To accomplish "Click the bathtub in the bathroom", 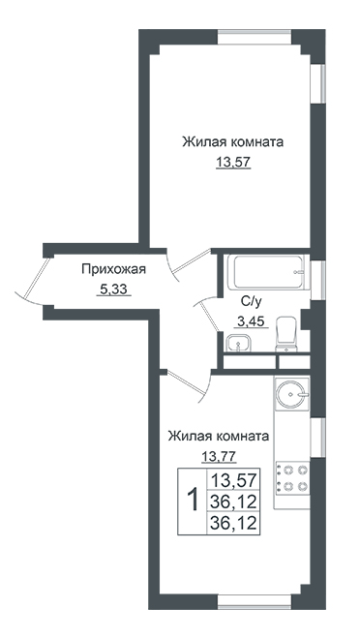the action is [267, 272].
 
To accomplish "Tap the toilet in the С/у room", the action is [287, 334].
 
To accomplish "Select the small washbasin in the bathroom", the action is [239, 342].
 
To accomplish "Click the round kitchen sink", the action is [291, 394].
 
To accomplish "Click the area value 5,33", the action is [113, 289].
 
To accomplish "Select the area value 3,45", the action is [251, 321].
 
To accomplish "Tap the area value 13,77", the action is [219, 456].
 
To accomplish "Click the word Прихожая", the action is [113, 269].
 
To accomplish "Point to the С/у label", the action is [251, 302].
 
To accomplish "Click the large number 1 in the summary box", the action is [192, 501].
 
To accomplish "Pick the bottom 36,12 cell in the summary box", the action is [233, 522].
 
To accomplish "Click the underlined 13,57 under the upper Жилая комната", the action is [232, 163].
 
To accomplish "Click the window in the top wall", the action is [255, 37].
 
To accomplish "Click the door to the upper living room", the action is [191, 263].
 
